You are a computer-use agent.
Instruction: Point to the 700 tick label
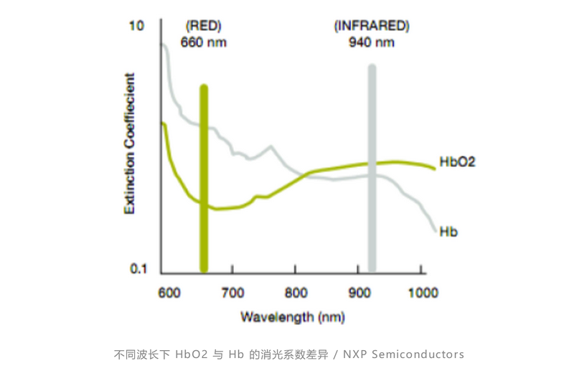point(232,293)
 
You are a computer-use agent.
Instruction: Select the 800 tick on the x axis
point(296,293)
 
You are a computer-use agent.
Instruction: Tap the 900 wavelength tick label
point(359,293)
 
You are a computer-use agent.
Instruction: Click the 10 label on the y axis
point(136,27)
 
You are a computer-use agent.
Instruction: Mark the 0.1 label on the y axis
point(138,269)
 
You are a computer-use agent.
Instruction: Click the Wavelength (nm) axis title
point(293,316)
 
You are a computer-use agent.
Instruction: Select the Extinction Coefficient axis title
point(130,143)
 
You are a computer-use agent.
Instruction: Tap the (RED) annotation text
point(203,27)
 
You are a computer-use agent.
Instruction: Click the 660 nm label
point(203,42)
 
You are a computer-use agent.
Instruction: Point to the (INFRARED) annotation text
point(371,27)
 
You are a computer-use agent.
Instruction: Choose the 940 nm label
point(371,42)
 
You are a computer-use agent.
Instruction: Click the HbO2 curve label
point(456,162)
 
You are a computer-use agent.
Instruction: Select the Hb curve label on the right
point(448,232)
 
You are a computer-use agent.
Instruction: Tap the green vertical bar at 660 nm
point(204,179)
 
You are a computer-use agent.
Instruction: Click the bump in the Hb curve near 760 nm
point(270,148)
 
